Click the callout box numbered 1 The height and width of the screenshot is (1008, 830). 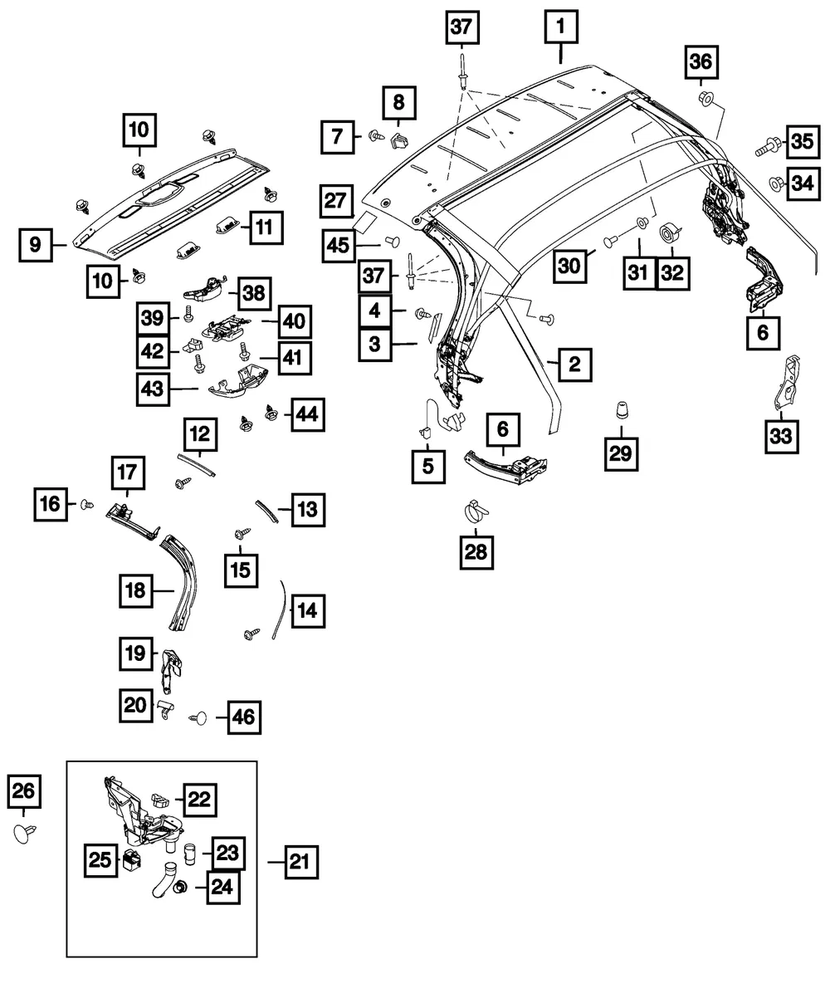click(561, 27)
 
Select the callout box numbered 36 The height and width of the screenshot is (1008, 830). click(701, 62)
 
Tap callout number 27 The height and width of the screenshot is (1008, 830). click(336, 201)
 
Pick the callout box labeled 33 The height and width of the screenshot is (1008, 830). click(781, 437)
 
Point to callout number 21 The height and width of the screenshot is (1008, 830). click(301, 862)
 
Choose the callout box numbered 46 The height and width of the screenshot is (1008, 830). click(244, 718)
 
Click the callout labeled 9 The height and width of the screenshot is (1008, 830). click(36, 245)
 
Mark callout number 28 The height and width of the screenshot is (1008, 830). click(476, 552)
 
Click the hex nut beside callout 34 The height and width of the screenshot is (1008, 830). click(776, 184)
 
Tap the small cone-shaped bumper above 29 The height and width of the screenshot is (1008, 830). click(622, 410)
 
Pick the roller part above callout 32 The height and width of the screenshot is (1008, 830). click(669, 233)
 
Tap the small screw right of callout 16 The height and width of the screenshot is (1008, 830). click(87, 505)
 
